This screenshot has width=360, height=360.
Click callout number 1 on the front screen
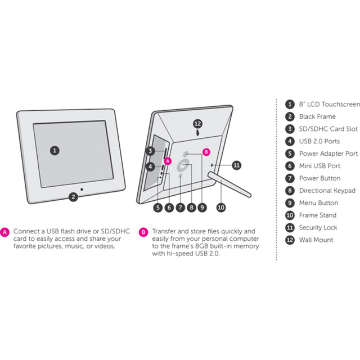pos(55,151)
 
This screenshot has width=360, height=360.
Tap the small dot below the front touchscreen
pos(82,190)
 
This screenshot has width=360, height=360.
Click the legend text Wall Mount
pos(316,240)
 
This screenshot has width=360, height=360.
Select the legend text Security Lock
pos(318,227)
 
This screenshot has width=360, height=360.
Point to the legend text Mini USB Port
pos(319,166)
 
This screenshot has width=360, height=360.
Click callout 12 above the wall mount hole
pos(197,124)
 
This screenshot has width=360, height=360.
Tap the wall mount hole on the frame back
pos(197,133)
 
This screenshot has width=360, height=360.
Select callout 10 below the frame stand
pos(221,208)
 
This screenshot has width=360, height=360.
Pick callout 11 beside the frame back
pos(236,165)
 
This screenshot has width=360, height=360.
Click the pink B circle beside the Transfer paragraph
pos(143,232)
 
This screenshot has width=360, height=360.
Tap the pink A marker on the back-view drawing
pos(168,161)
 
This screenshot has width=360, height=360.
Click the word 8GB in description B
pos(202,246)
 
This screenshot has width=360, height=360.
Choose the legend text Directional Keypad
pos(327,191)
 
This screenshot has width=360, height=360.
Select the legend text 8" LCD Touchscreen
pos(329,104)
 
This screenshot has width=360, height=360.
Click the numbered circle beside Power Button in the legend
pos(290,178)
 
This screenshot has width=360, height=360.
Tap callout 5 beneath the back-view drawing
pos(158,208)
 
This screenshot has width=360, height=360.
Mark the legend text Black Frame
pos(317,116)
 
